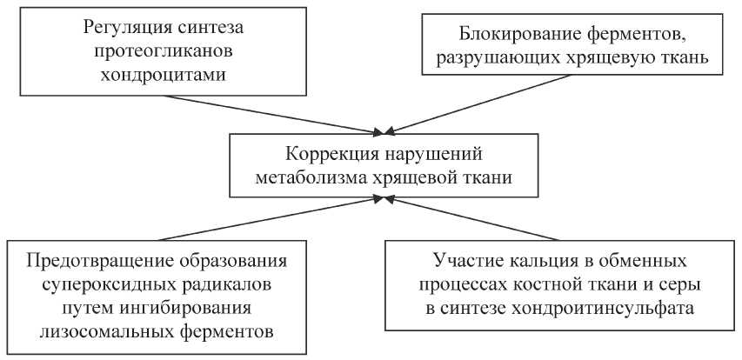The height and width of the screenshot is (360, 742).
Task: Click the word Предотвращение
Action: click(x=91, y=262)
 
